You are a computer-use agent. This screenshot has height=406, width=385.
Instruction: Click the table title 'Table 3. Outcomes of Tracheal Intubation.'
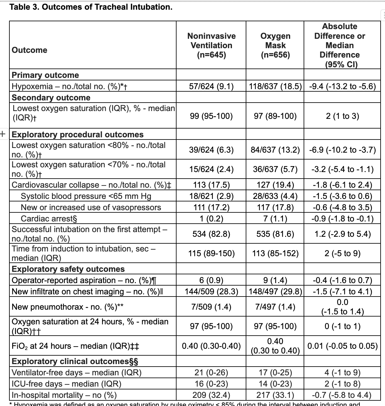coord(91,7)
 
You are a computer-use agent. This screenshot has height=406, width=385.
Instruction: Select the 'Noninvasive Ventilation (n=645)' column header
coord(211,45)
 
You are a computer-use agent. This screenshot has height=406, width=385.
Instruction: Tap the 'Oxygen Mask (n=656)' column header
coord(275,45)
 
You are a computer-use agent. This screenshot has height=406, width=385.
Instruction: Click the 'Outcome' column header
coord(29,50)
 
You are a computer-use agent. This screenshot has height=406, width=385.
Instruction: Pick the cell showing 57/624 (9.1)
coord(211,86)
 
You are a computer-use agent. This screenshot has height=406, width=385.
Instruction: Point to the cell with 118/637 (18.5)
coord(275,86)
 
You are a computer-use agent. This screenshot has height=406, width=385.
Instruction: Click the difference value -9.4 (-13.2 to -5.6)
coord(342,86)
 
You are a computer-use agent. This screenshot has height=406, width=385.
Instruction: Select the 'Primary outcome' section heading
coord(45,75)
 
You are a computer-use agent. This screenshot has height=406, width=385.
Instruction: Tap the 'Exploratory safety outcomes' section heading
coord(68,269)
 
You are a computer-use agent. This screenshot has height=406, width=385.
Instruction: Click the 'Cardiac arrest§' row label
coord(49,219)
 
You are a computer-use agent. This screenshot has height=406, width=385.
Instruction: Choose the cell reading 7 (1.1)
coord(275,219)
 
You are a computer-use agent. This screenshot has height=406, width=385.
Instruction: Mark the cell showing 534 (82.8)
coord(211,234)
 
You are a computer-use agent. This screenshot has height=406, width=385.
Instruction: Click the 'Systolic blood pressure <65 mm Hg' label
coord(86,196)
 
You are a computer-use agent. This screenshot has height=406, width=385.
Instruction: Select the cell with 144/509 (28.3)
coord(211,292)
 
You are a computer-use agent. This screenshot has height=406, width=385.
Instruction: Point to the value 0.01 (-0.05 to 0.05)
coord(342,346)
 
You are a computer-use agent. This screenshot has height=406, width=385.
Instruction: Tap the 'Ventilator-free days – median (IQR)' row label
coord(76,373)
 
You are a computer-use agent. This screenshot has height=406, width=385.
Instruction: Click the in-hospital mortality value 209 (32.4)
coord(211,395)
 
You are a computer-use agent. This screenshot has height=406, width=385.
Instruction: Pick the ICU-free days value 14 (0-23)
coord(275,384)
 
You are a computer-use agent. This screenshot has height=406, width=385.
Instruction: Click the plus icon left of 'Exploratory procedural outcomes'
coord(3,134)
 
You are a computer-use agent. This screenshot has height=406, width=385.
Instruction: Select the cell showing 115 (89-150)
coord(211,253)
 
